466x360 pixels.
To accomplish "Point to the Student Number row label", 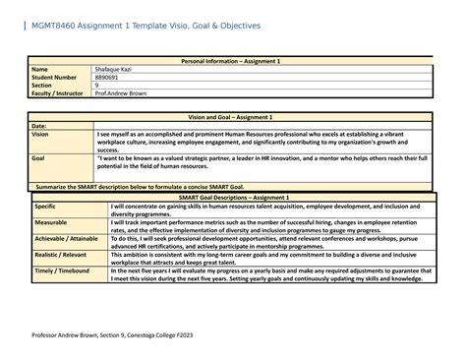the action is coord(55,78).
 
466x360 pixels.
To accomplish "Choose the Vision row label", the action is coord(40,135).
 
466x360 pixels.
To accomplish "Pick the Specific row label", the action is coord(46,206).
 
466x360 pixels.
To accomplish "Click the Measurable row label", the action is coord(51,222).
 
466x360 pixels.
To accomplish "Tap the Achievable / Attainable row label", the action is coord(66,237).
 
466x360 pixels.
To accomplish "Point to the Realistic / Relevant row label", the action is coord(61,253).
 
